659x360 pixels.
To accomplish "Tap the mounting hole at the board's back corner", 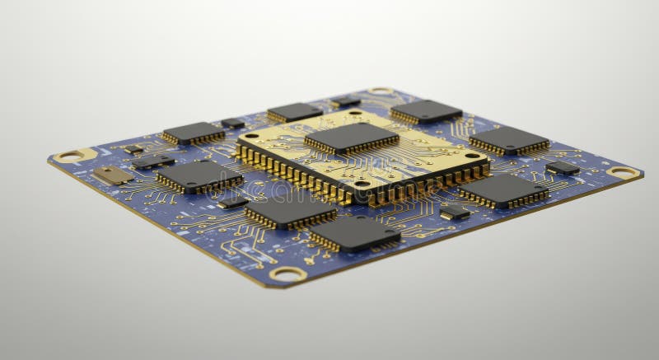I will point(380,91).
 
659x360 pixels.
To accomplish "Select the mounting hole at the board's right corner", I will point(623,172).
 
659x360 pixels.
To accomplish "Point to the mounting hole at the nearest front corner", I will point(287,273).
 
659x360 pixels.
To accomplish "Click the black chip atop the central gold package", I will point(351,137).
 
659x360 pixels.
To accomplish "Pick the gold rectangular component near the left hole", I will point(112,175).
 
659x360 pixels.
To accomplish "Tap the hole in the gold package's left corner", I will point(252,137).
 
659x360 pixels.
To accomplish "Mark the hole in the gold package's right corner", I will point(473,155).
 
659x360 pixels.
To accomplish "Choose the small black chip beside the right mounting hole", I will point(562,167).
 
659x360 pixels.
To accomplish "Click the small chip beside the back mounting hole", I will point(345,101).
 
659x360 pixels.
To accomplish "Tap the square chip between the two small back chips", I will point(293,111).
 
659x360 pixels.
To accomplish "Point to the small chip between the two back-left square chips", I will point(233,123).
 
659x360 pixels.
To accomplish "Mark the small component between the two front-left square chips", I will point(233,201).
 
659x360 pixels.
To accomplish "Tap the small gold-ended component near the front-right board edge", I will point(454,212).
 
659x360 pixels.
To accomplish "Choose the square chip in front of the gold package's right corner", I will point(503,189).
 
